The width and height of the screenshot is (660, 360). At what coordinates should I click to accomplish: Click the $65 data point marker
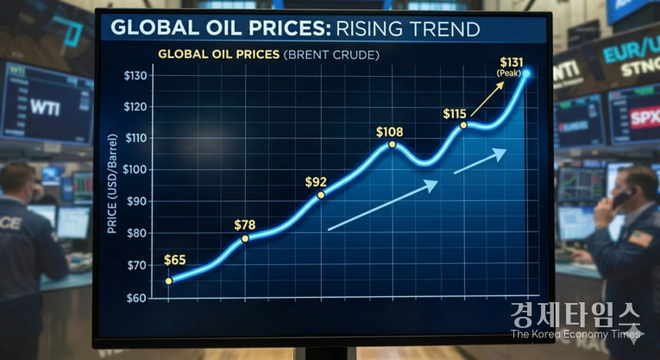(169, 281)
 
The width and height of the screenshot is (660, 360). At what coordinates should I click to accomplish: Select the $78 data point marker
(245, 238)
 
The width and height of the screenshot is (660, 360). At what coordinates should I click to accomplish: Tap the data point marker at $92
(321, 195)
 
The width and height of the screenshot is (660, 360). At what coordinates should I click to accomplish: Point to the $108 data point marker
(393, 144)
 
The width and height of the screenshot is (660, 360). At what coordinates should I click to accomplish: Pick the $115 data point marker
(463, 125)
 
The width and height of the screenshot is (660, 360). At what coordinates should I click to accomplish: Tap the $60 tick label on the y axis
(136, 298)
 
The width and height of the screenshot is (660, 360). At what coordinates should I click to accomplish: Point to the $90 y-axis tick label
(136, 201)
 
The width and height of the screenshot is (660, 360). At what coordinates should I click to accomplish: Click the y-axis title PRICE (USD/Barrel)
(113, 185)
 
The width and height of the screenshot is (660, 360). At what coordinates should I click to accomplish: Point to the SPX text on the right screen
(642, 118)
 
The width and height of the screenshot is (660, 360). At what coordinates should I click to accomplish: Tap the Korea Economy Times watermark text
(575, 333)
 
